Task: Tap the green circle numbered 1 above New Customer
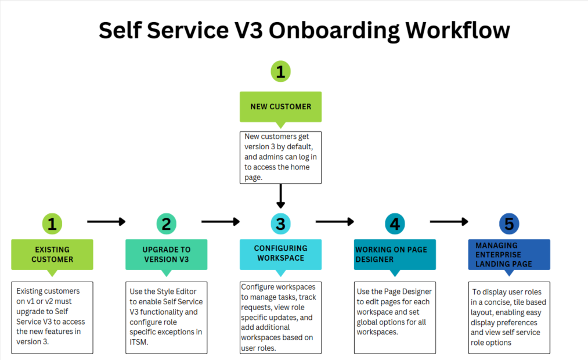[x=280, y=72]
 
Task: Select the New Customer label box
[x=280, y=106]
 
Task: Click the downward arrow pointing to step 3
[x=280, y=196]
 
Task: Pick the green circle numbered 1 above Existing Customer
[x=52, y=224]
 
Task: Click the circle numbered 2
[x=166, y=224]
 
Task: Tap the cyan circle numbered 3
[x=280, y=224]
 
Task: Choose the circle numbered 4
[x=395, y=224]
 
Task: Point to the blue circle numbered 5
[x=509, y=224]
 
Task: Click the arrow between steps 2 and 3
[x=220, y=221]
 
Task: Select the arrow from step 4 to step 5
[x=449, y=221]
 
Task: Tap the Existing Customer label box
[x=52, y=254]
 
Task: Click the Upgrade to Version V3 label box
[x=166, y=254]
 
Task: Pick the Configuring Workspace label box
[x=280, y=253]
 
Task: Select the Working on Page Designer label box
[x=395, y=254]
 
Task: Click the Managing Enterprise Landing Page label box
[x=509, y=254]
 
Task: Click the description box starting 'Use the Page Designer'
[x=395, y=317]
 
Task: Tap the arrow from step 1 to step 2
[x=106, y=221]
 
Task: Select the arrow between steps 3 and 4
[x=334, y=221]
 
